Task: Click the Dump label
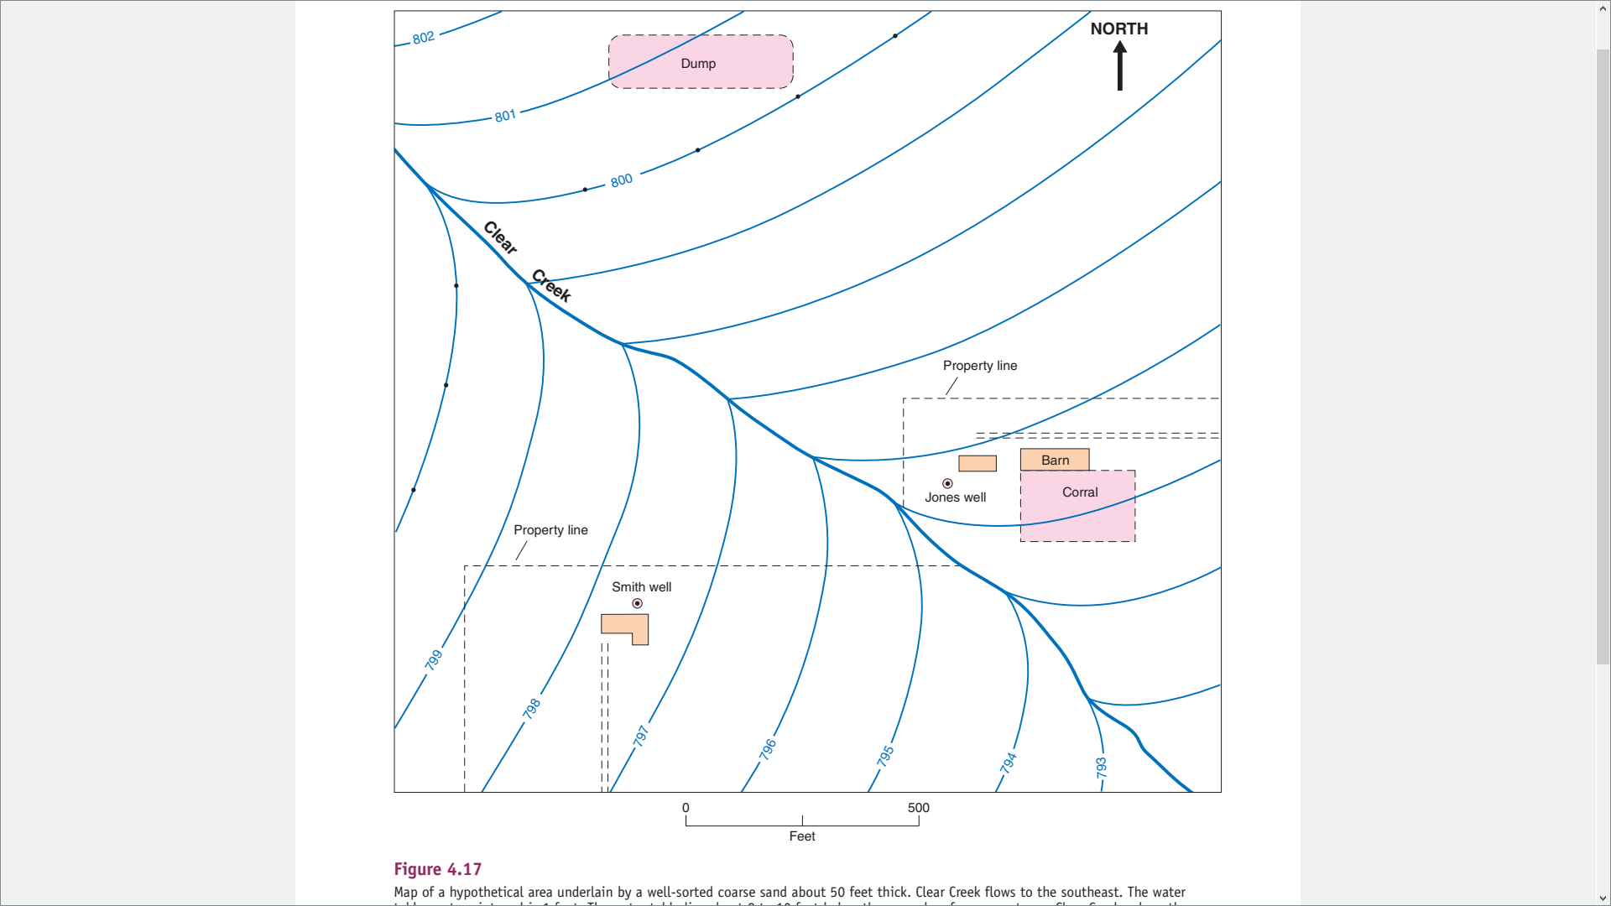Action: point(698,64)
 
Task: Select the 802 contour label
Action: point(424,38)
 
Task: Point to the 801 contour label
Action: point(505,116)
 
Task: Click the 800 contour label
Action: point(622,180)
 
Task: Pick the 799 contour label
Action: point(434,659)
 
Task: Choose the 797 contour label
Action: point(641,736)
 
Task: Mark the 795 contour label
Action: point(886,756)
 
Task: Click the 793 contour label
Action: point(1102,767)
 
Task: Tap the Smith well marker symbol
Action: point(638,603)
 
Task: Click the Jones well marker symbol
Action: point(947,483)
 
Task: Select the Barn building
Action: point(1055,460)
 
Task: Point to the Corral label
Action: point(1080,492)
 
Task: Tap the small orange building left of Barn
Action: point(978,463)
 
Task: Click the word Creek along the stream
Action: point(551,285)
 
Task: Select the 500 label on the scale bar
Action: point(919,808)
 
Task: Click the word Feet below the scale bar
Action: point(802,836)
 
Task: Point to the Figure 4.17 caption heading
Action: point(438,869)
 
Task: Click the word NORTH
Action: point(1119,29)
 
